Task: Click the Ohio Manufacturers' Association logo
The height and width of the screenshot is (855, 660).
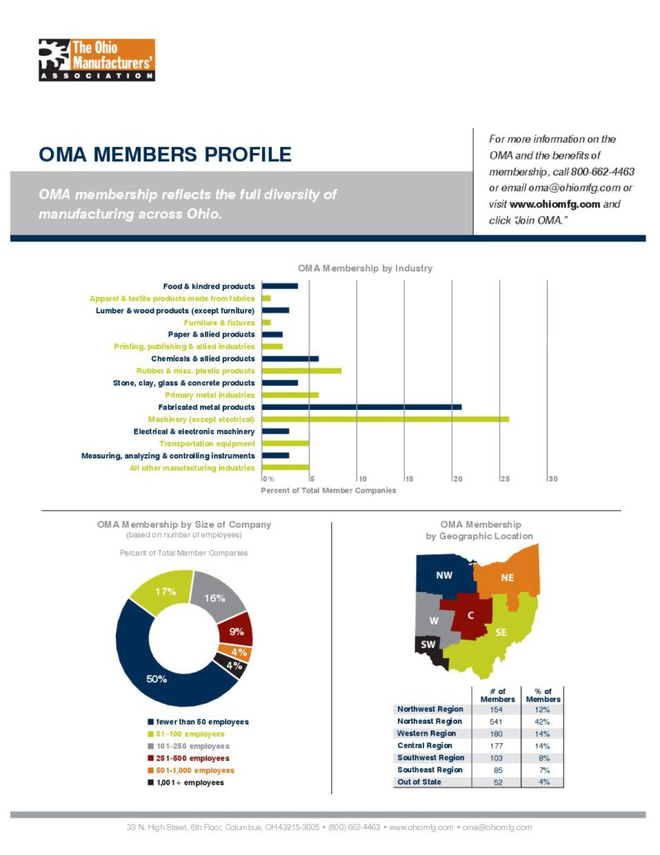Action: (97, 59)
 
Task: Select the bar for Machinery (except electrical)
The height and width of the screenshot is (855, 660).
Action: (385, 419)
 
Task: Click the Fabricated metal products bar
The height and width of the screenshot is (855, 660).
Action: (361, 407)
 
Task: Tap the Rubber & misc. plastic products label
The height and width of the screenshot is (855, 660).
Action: (195, 371)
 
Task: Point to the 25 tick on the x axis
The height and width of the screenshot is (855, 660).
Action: (503, 478)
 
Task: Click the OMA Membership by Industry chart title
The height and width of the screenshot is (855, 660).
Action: (365, 268)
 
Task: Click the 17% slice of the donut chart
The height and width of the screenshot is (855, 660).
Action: (164, 589)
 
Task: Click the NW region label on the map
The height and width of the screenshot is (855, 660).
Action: (444, 575)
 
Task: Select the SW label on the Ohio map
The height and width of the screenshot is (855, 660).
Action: (427, 645)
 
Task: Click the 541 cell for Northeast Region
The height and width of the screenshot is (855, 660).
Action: (496, 721)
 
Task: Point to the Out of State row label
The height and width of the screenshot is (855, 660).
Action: (420, 782)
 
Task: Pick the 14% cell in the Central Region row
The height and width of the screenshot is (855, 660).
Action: (542, 745)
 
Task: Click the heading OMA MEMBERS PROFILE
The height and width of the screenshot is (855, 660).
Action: (165, 154)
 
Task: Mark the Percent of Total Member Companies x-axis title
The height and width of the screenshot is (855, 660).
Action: (329, 491)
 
